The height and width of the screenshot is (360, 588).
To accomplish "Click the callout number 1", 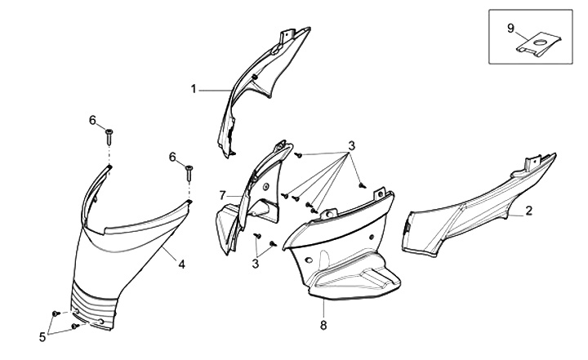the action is [194, 89].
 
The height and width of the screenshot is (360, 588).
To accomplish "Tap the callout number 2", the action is [528, 211].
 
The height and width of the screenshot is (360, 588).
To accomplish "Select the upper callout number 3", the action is [351, 146].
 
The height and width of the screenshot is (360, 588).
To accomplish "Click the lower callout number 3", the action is [256, 264].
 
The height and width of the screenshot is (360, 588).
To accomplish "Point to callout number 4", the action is [181, 264].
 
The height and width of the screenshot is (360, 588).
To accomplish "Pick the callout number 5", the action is [42, 337].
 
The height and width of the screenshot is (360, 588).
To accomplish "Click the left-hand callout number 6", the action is [92, 120].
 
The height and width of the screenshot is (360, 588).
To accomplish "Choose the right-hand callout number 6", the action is [172, 157].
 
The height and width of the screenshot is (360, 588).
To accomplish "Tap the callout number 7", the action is [223, 195].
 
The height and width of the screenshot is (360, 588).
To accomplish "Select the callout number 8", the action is [323, 325].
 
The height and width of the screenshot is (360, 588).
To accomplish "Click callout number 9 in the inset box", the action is [510, 28].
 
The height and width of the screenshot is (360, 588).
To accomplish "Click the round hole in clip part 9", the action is [541, 42].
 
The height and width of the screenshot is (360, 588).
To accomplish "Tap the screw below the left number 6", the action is [109, 137].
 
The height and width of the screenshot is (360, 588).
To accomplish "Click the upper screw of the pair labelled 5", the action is [56, 313].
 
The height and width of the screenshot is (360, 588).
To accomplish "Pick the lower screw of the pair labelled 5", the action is [75, 327].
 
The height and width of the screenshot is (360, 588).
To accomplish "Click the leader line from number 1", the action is [215, 91].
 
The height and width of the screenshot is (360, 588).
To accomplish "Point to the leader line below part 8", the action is [323, 309].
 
